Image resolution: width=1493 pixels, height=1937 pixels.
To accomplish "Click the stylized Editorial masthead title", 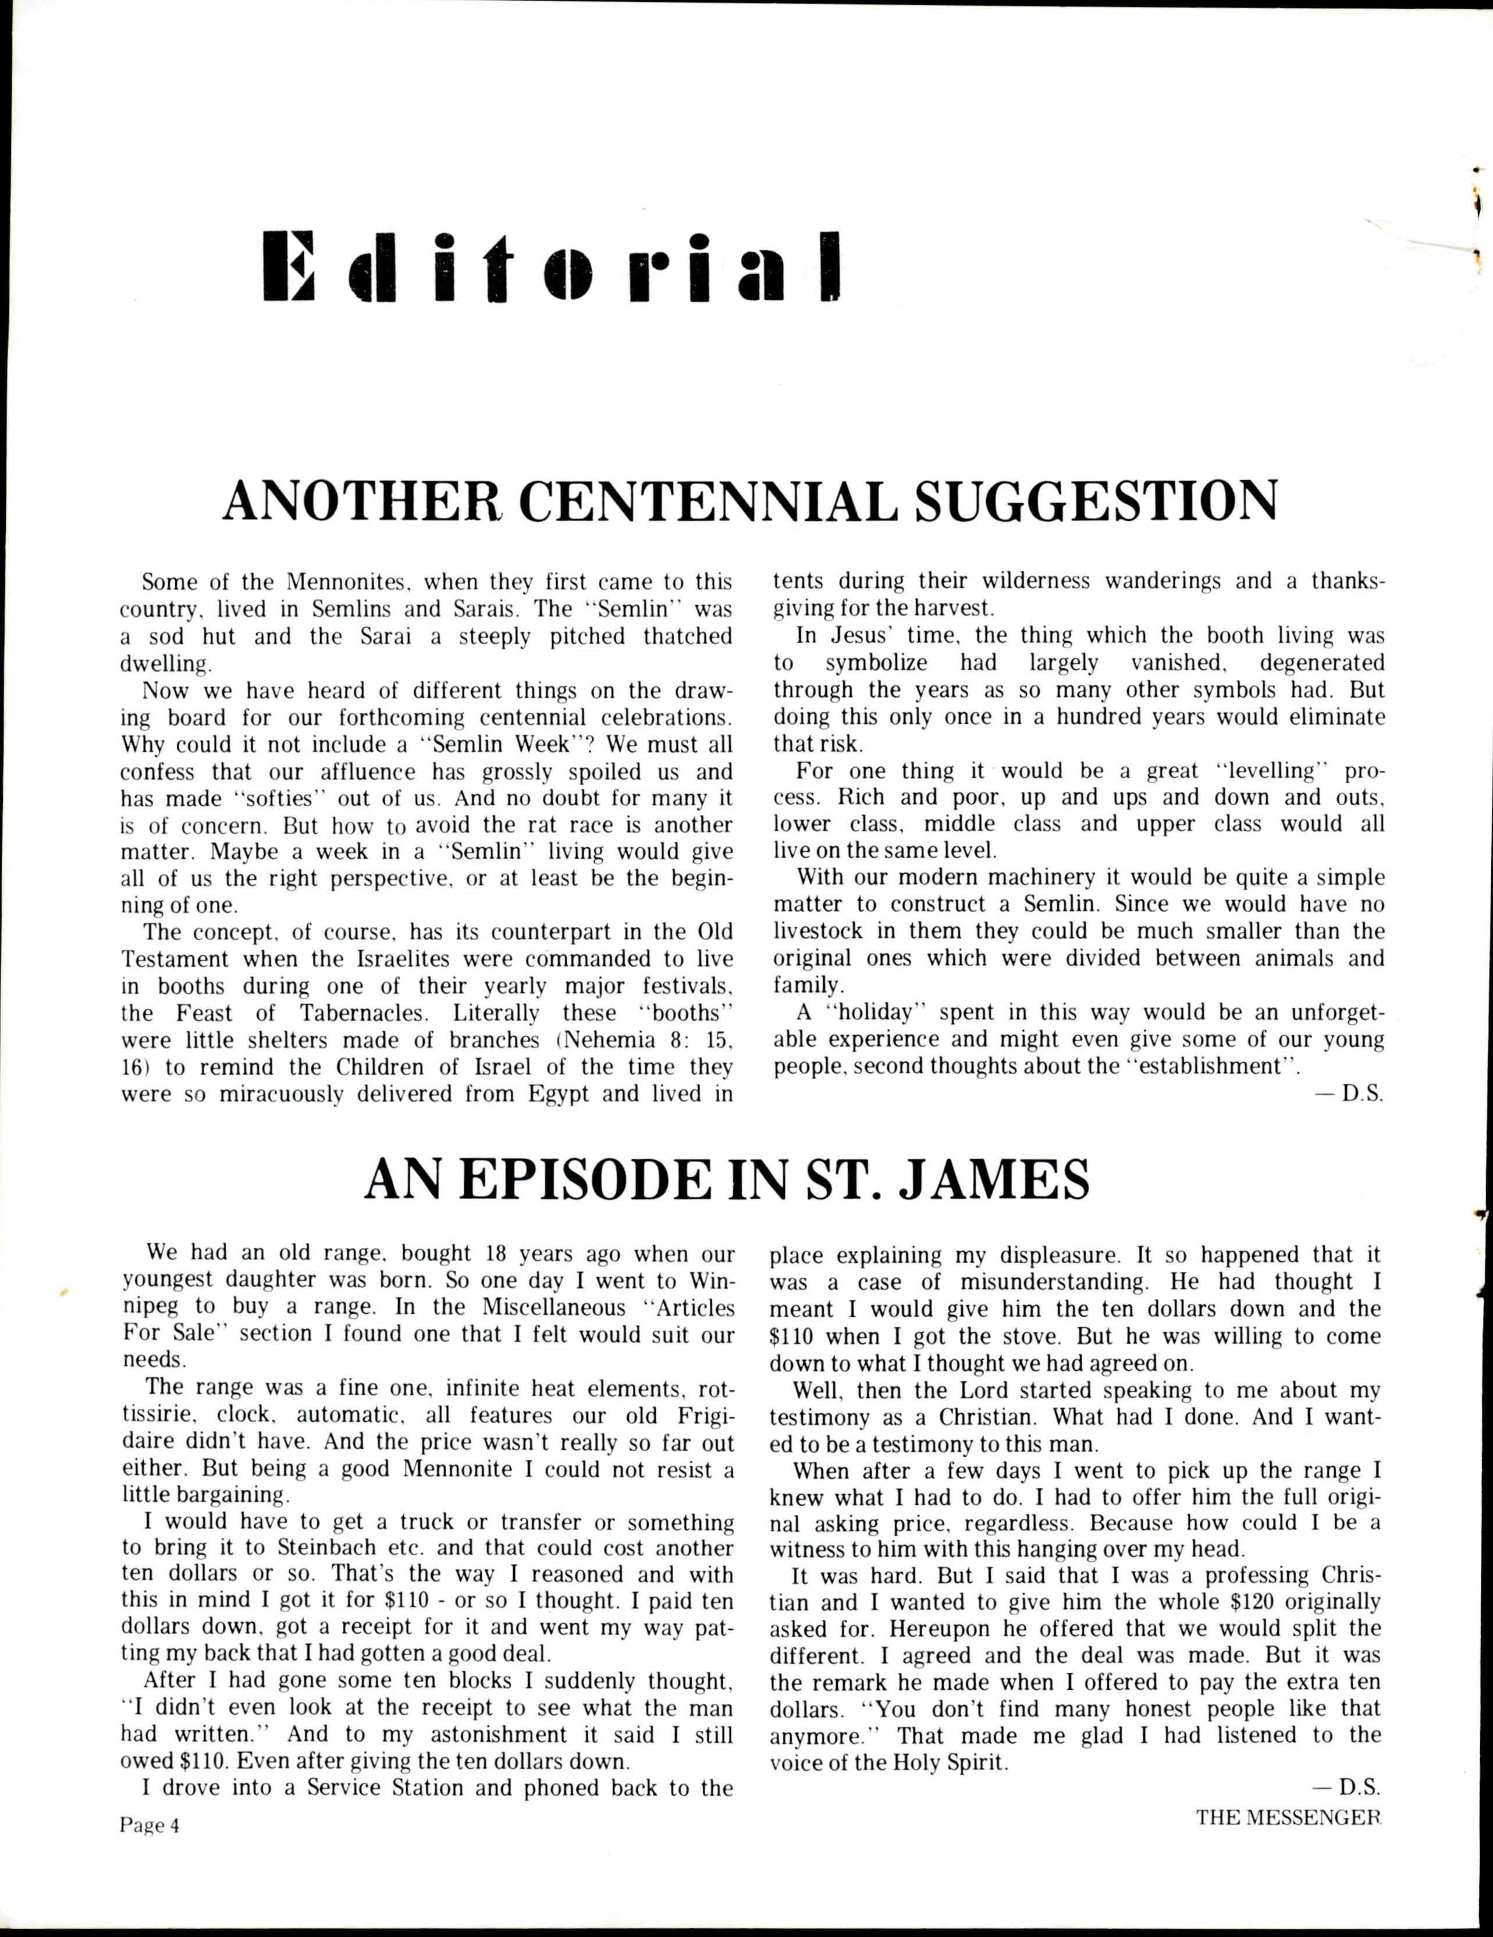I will pyautogui.click(x=552, y=266).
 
